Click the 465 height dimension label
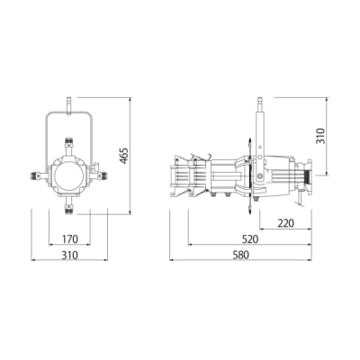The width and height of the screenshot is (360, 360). pyautogui.click(x=124, y=156)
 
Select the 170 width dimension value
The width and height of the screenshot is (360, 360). pyautogui.click(x=70, y=239)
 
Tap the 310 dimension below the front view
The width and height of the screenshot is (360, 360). pyautogui.click(x=69, y=256)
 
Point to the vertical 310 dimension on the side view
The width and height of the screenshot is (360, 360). pyautogui.click(x=320, y=136)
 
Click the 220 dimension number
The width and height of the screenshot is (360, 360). pyautogui.click(x=286, y=223)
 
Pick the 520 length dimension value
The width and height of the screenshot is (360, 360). pyautogui.click(x=249, y=239)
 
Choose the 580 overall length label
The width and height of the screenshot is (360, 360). pyautogui.click(x=240, y=256)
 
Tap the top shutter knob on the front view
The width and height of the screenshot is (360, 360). pyautogui.click(x=69, y=143)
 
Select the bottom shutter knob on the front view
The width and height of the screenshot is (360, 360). pyautogui.click(x=69, y=208)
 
